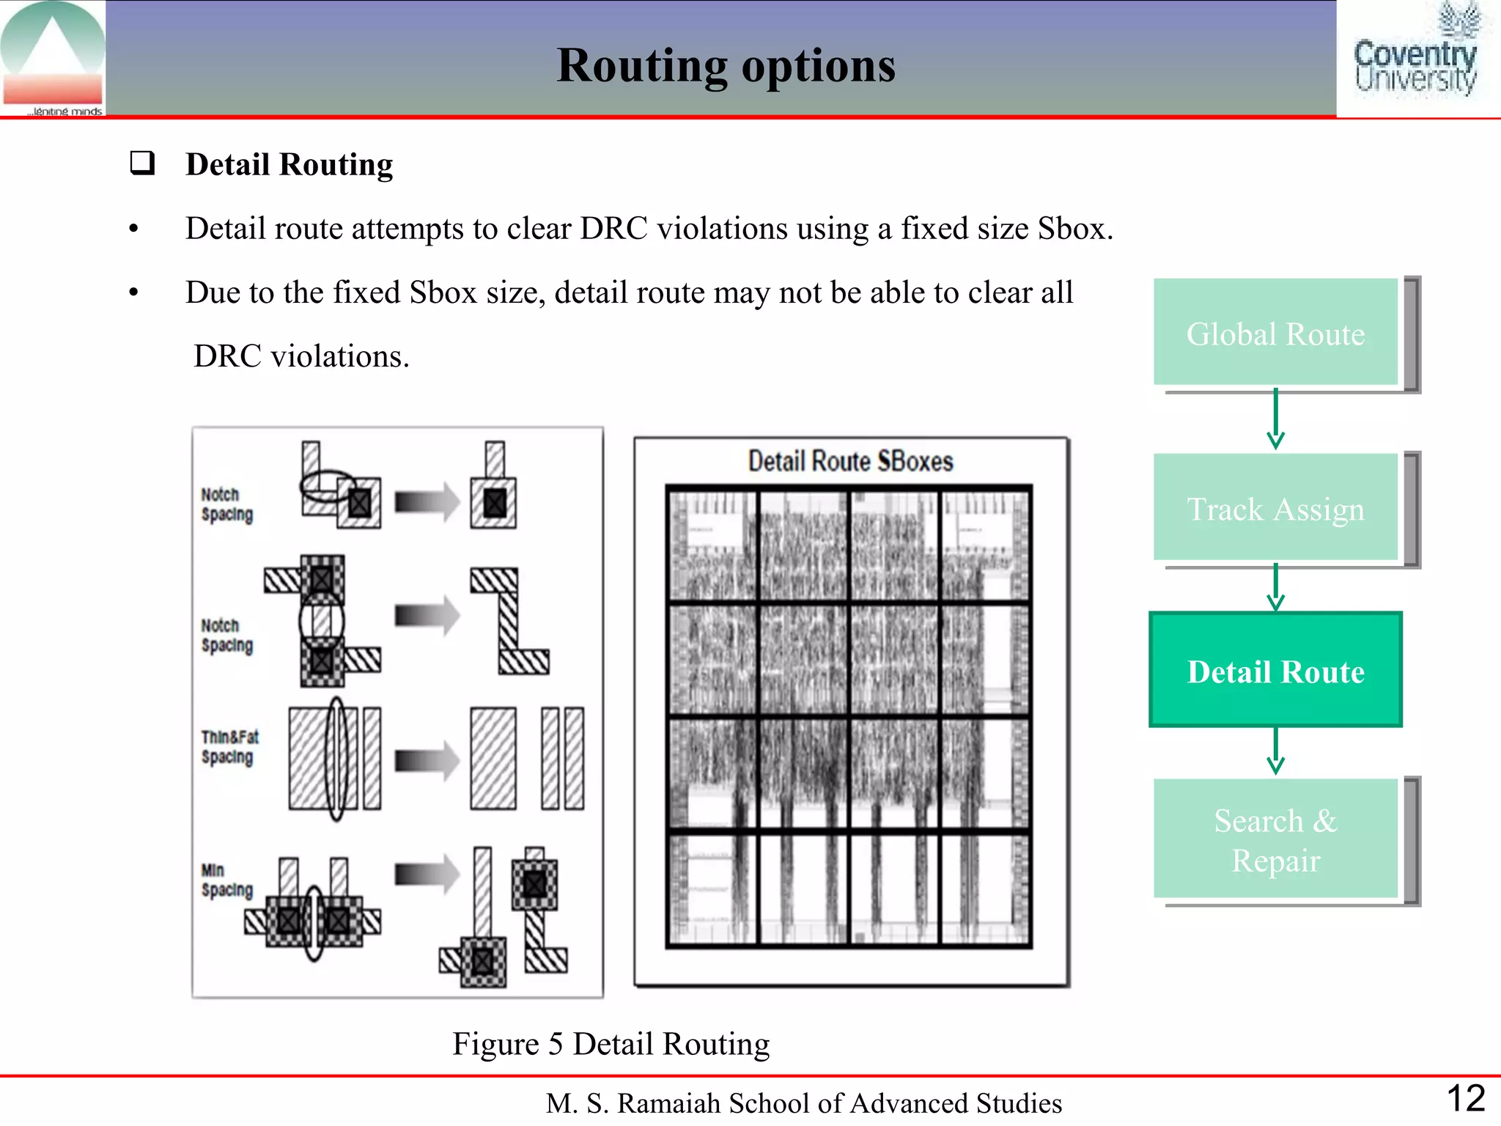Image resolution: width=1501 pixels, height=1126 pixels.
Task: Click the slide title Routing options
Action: point(726,66)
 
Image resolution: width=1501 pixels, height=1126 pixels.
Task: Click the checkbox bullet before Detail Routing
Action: point(142,162)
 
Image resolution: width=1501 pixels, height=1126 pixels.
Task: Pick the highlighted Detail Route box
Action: point(1275,670)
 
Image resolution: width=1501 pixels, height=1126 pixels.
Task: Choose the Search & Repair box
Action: point(1275,839)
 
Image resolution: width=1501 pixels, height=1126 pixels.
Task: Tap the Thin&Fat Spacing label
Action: point(229,747)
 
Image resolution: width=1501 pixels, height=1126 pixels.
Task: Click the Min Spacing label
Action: point(226,880)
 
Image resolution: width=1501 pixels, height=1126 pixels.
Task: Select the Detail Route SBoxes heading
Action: point(850,461)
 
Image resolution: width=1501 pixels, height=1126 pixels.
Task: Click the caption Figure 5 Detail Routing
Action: point(611,1043)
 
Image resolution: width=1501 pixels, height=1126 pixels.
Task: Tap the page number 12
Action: point(1465,1098)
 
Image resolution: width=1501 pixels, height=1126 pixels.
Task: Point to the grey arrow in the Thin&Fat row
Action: point(427,760)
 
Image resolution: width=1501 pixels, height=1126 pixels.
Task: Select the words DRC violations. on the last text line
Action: point(301,356)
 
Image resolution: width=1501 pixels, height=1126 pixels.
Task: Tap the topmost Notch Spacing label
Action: point(226,504)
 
